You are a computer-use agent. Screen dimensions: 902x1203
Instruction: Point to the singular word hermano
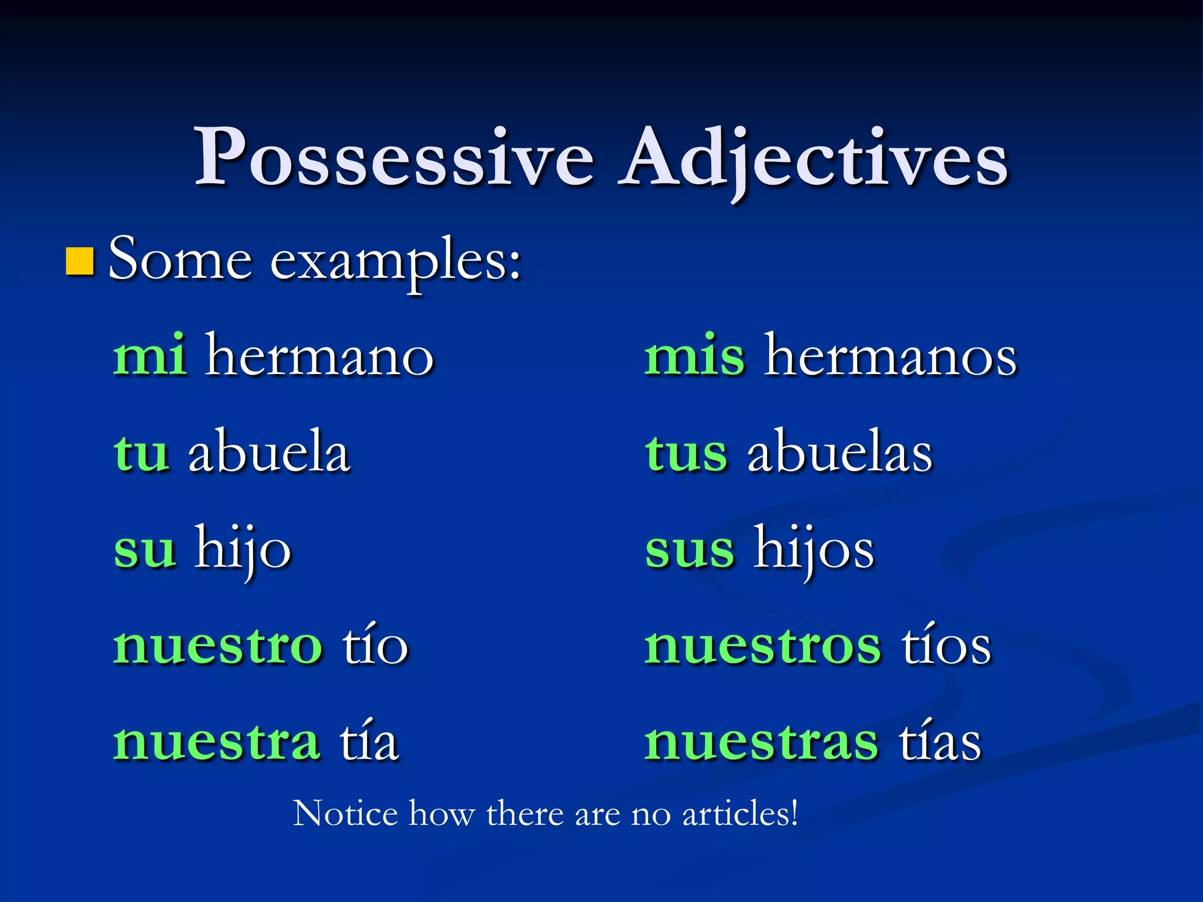[320, 355]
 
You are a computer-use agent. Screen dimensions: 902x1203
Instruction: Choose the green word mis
[695, 355]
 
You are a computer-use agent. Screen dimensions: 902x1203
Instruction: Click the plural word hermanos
[891, 355]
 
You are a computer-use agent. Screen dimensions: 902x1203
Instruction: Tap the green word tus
[686, 452]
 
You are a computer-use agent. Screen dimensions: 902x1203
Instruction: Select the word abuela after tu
[269, 452]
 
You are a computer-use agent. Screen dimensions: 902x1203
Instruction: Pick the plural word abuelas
[840, 452]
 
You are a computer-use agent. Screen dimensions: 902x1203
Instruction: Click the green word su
[145, 549]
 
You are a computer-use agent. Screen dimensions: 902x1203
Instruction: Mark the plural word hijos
[815, 549]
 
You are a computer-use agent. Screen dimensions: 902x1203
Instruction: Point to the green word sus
[690, 549]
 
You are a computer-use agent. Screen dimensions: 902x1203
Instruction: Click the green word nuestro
[217, 646]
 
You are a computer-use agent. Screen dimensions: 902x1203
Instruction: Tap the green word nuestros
[762, 646]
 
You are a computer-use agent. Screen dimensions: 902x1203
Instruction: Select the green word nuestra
[216, 742]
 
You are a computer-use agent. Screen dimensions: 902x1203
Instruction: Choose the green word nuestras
[761, 742]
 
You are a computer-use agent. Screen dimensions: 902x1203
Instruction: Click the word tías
[940, 742]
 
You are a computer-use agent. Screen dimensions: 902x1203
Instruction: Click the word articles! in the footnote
[740, 814]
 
